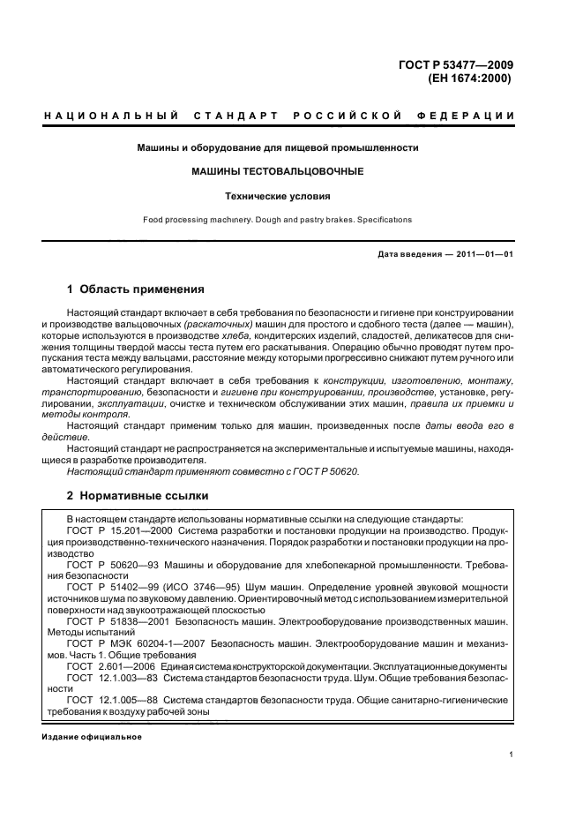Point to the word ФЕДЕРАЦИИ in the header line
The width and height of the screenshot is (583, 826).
tap(475, 116)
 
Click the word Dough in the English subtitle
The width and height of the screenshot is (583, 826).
tap(259, 220)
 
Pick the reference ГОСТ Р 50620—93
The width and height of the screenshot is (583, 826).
tap(114, 562)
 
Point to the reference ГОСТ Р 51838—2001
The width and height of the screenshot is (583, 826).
tap(120, 621)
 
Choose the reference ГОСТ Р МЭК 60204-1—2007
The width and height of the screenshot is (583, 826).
tap(133, 644)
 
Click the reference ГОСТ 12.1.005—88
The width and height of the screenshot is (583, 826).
tap(115, 699)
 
